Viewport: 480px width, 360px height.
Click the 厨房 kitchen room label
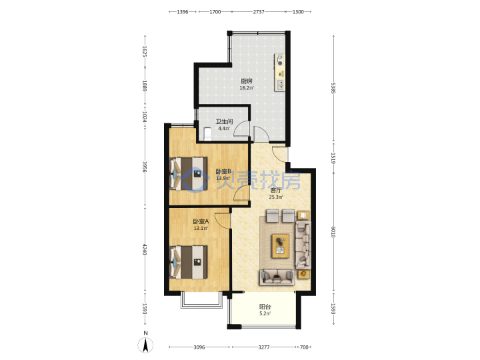(247, 81)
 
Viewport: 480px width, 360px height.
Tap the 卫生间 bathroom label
(224, 121)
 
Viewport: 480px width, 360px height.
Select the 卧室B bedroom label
(223, 171)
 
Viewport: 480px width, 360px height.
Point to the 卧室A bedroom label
(201, 221)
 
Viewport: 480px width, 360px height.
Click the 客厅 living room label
(276, 191)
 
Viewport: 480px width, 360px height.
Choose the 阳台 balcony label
(265, 307)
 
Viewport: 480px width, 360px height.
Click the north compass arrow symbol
(145, 345)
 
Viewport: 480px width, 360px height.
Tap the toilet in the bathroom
(208, 134)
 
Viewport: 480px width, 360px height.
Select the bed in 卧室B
(189, 174)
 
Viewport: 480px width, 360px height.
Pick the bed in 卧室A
(189, 263)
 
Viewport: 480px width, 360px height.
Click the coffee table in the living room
(281, 246)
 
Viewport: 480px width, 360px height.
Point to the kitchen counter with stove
(279, 72)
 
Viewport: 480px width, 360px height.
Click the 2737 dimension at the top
(259, 12)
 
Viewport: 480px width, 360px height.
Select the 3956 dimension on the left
(145, 167)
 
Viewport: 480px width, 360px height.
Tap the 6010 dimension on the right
(333, 232)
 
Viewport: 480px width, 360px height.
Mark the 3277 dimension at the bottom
(264, 347)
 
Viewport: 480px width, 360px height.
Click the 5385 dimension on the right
(333, 88)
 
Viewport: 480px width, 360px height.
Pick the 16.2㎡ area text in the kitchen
(247, 88)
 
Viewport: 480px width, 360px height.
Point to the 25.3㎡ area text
(276, 197)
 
